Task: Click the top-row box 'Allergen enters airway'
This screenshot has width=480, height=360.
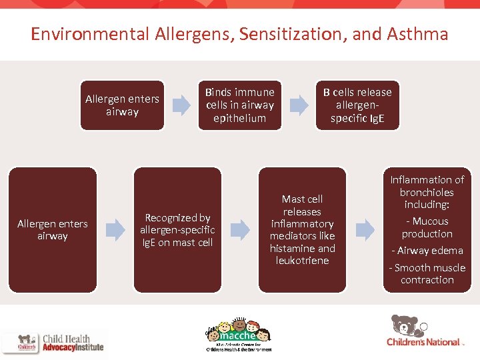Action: [x=122, y=105]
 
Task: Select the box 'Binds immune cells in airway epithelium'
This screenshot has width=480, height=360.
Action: [x=239, y=105]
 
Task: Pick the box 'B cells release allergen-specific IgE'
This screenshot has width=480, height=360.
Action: [x=357, y=105]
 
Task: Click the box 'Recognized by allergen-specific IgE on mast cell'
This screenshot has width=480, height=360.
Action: [x=177, y=230]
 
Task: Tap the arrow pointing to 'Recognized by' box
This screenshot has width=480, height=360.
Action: [x=115, y=230]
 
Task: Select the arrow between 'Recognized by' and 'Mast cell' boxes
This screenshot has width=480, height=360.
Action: [x=240, y=230]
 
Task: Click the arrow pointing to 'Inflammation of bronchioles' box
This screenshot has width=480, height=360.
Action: [x=365, y=230]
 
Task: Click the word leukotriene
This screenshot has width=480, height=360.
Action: [x=302, y=261]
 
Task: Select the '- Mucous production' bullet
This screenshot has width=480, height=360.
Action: [x=427, y=227]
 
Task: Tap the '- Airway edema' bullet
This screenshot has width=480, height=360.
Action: [x=427, y=251]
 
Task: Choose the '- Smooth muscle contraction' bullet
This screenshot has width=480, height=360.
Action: [x=427, y=274]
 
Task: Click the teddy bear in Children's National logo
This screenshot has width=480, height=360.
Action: [x=405, y=326]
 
